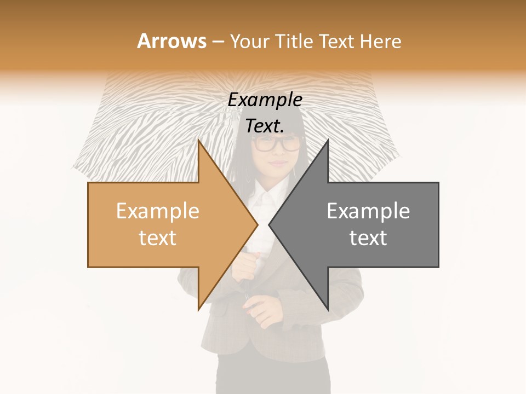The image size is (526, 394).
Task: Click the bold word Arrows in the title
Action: [x=171, y=41]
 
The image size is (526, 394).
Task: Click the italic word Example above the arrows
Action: [x=265, y=100]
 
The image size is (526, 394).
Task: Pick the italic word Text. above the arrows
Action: [x=265, y=126]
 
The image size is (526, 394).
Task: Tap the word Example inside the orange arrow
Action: [x=158, y=211]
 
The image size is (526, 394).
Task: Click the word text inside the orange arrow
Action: [x=158, y=238]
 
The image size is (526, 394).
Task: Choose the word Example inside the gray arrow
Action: [x=368, y=211]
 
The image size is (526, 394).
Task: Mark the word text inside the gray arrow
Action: [x=368, y=238]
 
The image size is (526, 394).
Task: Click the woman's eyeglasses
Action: [x=277, y=144]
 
